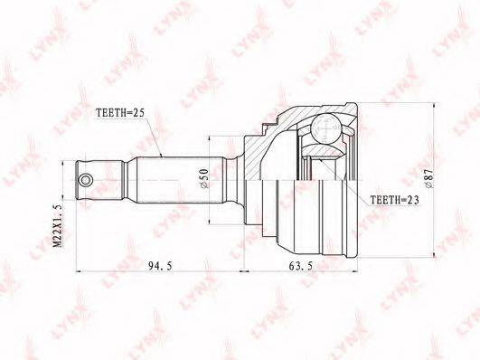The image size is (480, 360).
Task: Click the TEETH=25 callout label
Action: [119, 113]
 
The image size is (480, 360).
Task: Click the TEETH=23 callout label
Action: [394, 200]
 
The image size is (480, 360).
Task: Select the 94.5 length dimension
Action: [160, 266]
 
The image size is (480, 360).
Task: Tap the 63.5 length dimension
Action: [301, 266]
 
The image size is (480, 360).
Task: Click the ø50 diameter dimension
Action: [204, 177]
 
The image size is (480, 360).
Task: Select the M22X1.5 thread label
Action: [58, 226]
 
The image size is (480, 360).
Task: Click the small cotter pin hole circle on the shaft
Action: [85, 180]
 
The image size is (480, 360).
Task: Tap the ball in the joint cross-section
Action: [325, 128]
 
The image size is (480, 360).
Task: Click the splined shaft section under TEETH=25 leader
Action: [180, 180]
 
